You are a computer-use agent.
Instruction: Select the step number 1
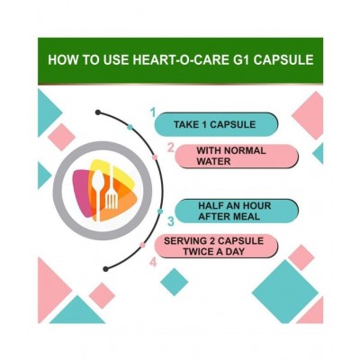pos(153,112)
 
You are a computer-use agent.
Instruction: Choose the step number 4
pos(152,262)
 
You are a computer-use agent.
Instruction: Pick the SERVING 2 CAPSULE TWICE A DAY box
pos(216,246)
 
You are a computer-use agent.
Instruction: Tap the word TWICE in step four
pos(194,252)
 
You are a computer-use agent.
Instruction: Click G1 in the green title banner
pos(238,60)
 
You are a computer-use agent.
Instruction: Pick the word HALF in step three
pos(200,204)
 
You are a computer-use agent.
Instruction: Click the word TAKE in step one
pos(184,123)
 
